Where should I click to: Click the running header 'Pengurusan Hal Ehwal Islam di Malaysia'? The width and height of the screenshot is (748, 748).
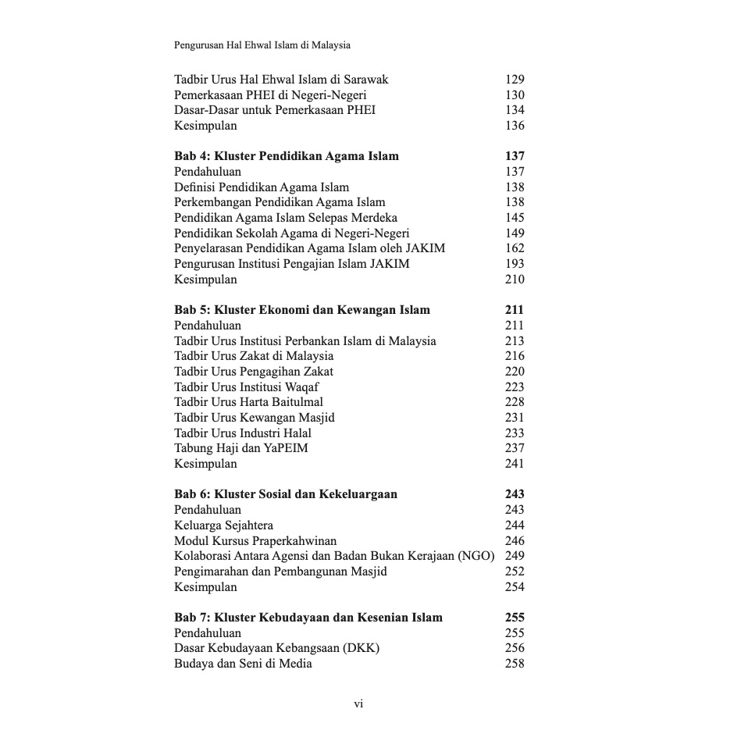pos(262,45)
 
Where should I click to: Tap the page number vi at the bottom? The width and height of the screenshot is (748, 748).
pos(358,704)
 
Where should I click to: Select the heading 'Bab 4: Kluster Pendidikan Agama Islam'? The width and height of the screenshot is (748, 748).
pos(286,156)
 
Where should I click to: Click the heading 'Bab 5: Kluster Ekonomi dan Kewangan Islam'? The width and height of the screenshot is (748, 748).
pos(301,310)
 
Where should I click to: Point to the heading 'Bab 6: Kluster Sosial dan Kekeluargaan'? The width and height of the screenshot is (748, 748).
pos(285,494)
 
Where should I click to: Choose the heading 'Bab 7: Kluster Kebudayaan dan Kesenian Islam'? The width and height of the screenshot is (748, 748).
pos(308,618)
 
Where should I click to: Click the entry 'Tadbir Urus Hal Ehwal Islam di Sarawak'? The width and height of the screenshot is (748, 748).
pos(280,80)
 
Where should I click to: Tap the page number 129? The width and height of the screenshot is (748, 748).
pos(515,80)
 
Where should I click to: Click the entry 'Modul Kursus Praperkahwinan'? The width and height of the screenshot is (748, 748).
pos(255,540)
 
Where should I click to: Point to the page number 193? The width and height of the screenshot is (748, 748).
pos(515,264)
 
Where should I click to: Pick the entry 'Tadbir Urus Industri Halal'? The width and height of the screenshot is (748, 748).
pos(242,433)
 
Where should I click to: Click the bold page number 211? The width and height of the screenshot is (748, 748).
pos(515,310)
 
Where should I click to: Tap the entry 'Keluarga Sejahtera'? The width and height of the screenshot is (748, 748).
pos(223,525)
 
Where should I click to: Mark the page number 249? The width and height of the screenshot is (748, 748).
pos(515,556)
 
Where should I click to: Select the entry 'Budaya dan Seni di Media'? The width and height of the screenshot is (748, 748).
pos(243,664)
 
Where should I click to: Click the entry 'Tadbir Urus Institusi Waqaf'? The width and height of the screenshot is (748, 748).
pos(246,387)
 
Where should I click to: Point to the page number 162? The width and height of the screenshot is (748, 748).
pos(515,248)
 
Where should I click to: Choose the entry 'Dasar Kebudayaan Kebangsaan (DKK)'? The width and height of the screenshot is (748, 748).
pos(276,648)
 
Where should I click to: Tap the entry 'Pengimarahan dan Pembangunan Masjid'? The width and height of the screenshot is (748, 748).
pos(280,572)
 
